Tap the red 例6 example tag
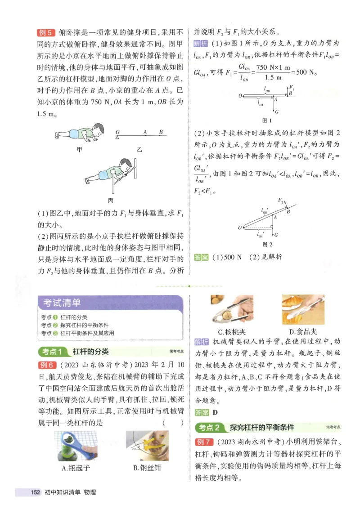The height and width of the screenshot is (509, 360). [x=46, y=365]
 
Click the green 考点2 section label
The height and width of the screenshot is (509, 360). [x=209, y=427]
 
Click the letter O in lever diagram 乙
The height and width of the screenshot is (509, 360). [x=117, y=132]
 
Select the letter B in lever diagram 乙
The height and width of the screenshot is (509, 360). [x=161, y=132]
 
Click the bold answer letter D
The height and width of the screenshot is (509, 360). [x=215, y=412]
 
